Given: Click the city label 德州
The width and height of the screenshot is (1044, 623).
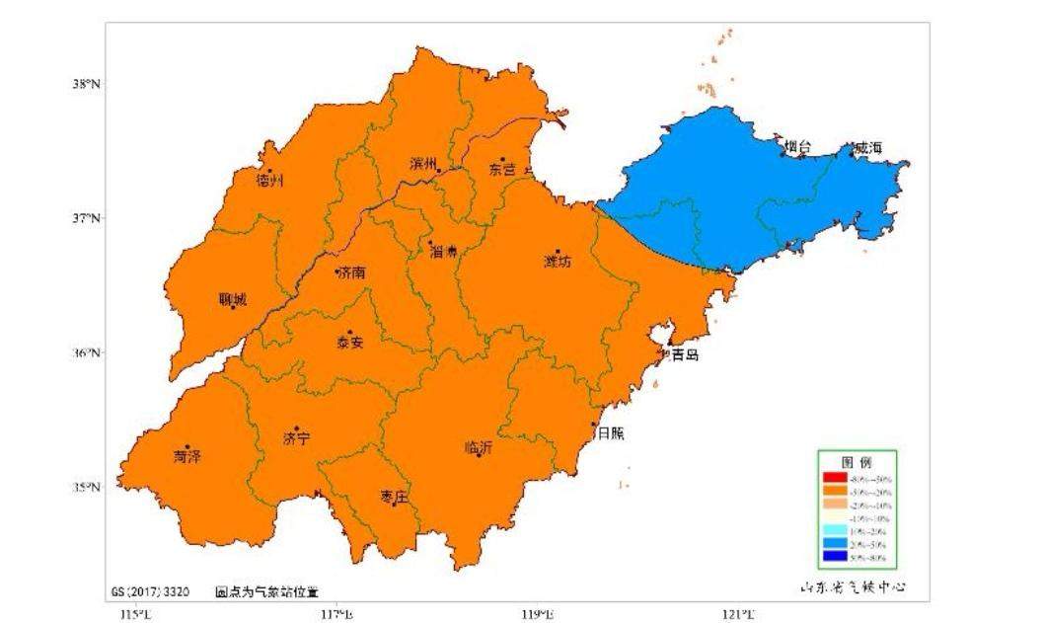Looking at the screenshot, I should point(269,181).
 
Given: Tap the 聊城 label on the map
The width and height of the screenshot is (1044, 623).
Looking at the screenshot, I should point(233,299).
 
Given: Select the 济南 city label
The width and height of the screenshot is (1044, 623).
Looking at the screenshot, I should point(351,273).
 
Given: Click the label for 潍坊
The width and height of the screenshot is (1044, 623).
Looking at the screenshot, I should point(559,262).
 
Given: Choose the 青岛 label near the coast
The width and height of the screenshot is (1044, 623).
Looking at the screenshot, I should point(685,354).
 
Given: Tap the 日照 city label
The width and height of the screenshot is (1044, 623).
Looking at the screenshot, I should point(612,432).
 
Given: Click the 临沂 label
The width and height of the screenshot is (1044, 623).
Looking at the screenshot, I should point(479,446).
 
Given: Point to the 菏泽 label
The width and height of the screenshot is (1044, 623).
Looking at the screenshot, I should point(187,456).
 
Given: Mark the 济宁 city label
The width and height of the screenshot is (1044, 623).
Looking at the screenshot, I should point(296,437).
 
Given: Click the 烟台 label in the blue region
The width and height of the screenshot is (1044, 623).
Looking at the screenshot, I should point(797,147).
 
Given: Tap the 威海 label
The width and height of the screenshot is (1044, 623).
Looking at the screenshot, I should point(867,147).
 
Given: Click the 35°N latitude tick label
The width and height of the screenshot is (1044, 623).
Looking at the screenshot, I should point(86,487).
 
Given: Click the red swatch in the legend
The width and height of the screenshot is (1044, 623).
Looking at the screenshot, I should point(839,478).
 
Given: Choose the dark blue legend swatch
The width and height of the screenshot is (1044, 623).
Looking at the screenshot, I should point(839,557).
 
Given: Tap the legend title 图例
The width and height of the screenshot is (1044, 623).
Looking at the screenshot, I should point(856,462).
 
